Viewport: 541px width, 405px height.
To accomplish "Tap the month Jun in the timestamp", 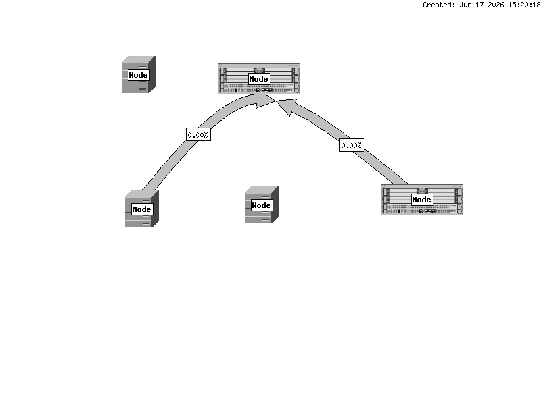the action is click(466, 5).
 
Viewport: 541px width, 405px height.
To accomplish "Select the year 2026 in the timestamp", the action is click(496, 5).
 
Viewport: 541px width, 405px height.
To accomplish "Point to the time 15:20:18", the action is click(523, 5).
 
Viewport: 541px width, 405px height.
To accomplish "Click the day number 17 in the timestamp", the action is click(480, 5).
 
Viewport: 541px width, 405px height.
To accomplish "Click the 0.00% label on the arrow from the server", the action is click(198, 134).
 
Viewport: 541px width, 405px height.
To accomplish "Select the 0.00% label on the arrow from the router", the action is click(352, 145).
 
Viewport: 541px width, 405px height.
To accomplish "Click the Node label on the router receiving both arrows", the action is click(259, 79).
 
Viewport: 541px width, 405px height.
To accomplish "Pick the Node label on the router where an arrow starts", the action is click(421, 200).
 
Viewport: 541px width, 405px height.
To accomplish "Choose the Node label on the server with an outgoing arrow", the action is click(142, 209).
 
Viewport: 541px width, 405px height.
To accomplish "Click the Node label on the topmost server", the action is click(139, 75).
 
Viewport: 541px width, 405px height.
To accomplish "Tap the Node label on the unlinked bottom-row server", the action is click(262, 205).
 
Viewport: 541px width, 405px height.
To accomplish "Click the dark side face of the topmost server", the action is click(152, 74).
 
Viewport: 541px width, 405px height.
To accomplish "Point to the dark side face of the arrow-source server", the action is click(156, 209).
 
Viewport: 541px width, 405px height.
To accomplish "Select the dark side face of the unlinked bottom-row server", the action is click(275, 205).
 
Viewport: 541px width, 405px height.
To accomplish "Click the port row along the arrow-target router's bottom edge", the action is click(259, 90).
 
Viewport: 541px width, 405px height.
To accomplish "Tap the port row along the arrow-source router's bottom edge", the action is click(421, 211).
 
